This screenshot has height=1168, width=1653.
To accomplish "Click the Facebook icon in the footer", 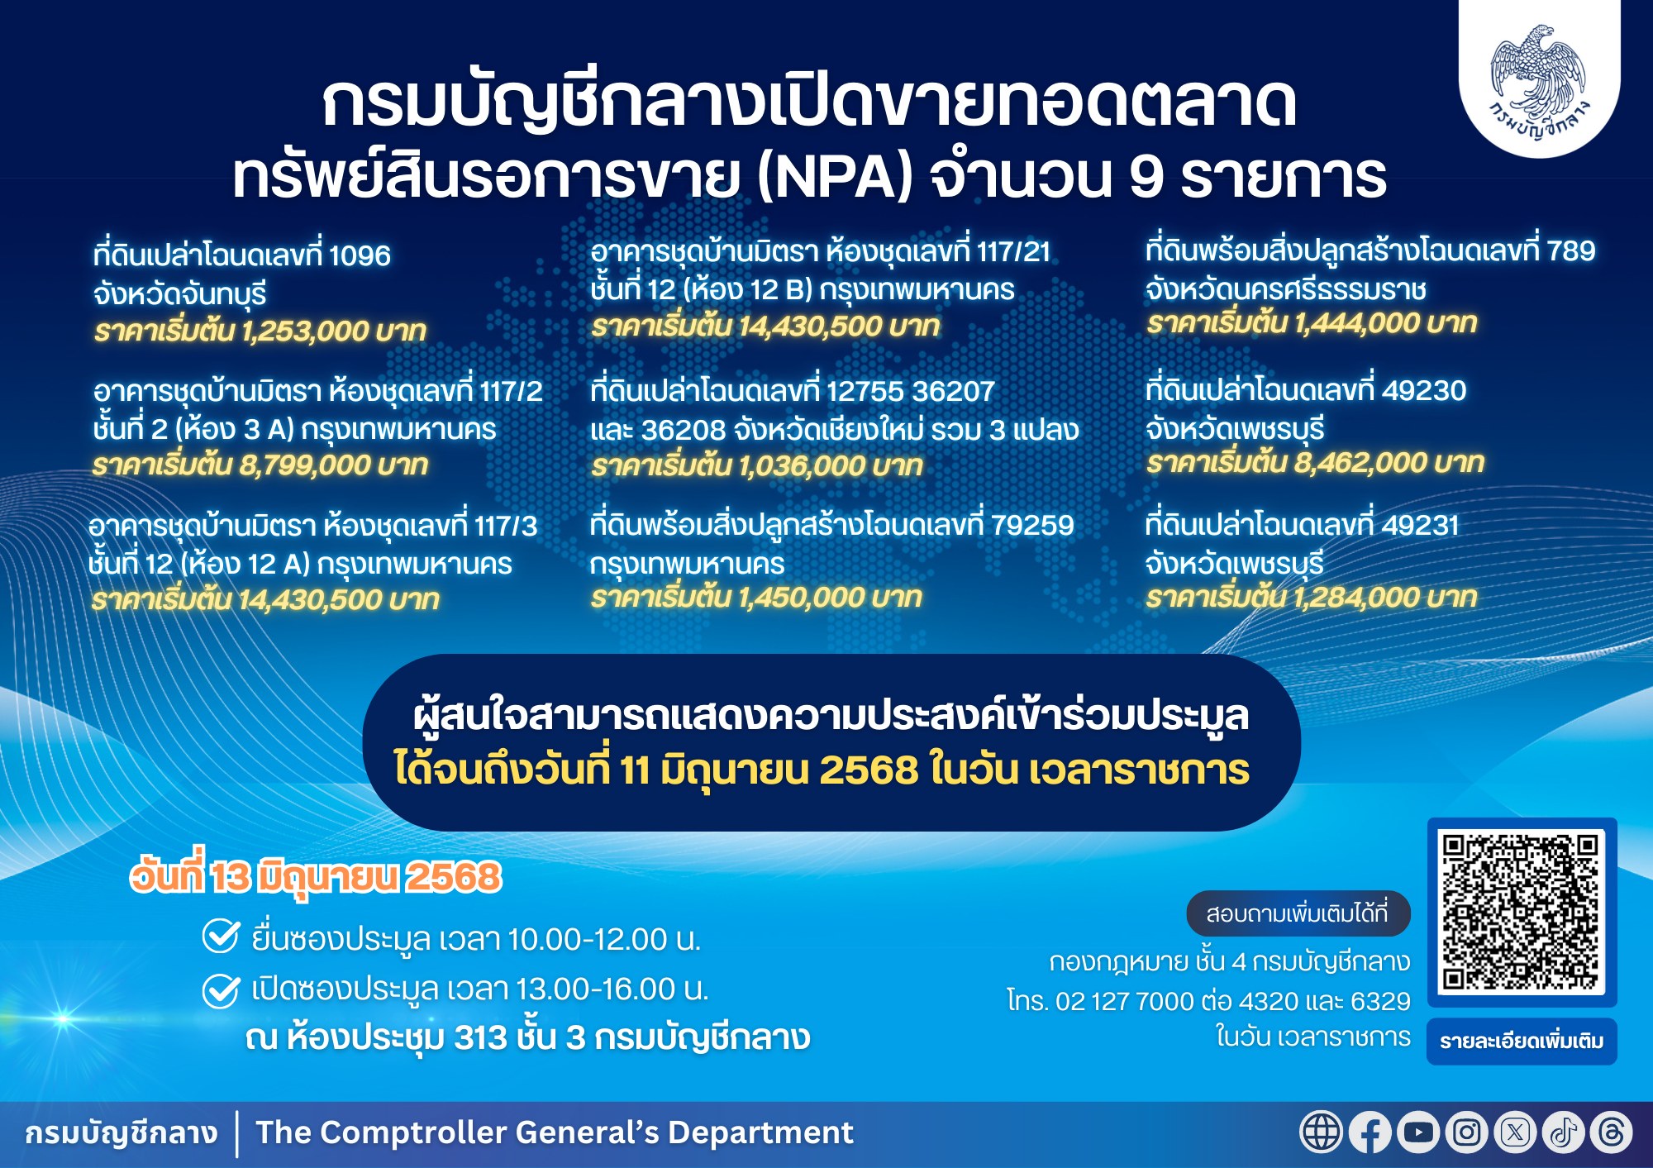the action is pos(1370,1132).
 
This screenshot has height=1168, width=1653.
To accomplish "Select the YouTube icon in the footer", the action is pos(1418,1132).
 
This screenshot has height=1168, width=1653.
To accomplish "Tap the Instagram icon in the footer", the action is pos(1467,1132).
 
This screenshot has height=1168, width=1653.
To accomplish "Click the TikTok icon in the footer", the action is pos(1563,1132).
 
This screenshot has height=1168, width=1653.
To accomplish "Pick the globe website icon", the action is pos(1322,1132).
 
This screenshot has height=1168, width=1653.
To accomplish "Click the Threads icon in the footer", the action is pos(1612,1132).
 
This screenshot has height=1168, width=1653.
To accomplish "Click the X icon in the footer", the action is pos(1515,1132).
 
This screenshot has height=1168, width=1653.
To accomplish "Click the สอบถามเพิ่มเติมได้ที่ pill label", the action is pos(1298,913).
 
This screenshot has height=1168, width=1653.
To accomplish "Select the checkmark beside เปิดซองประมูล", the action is pos(222,990).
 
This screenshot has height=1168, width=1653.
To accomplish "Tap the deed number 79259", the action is pos(1032,525).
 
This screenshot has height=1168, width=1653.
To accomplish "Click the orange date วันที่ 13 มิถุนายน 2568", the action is pos(316,877).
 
